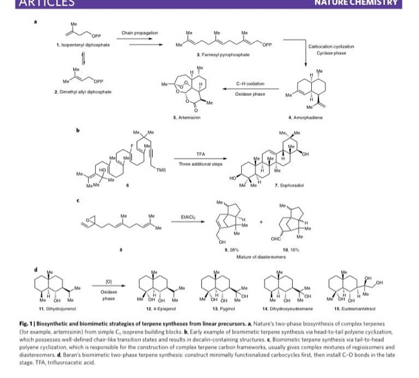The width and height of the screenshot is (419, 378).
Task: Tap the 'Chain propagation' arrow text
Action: [x=139, y=32]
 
